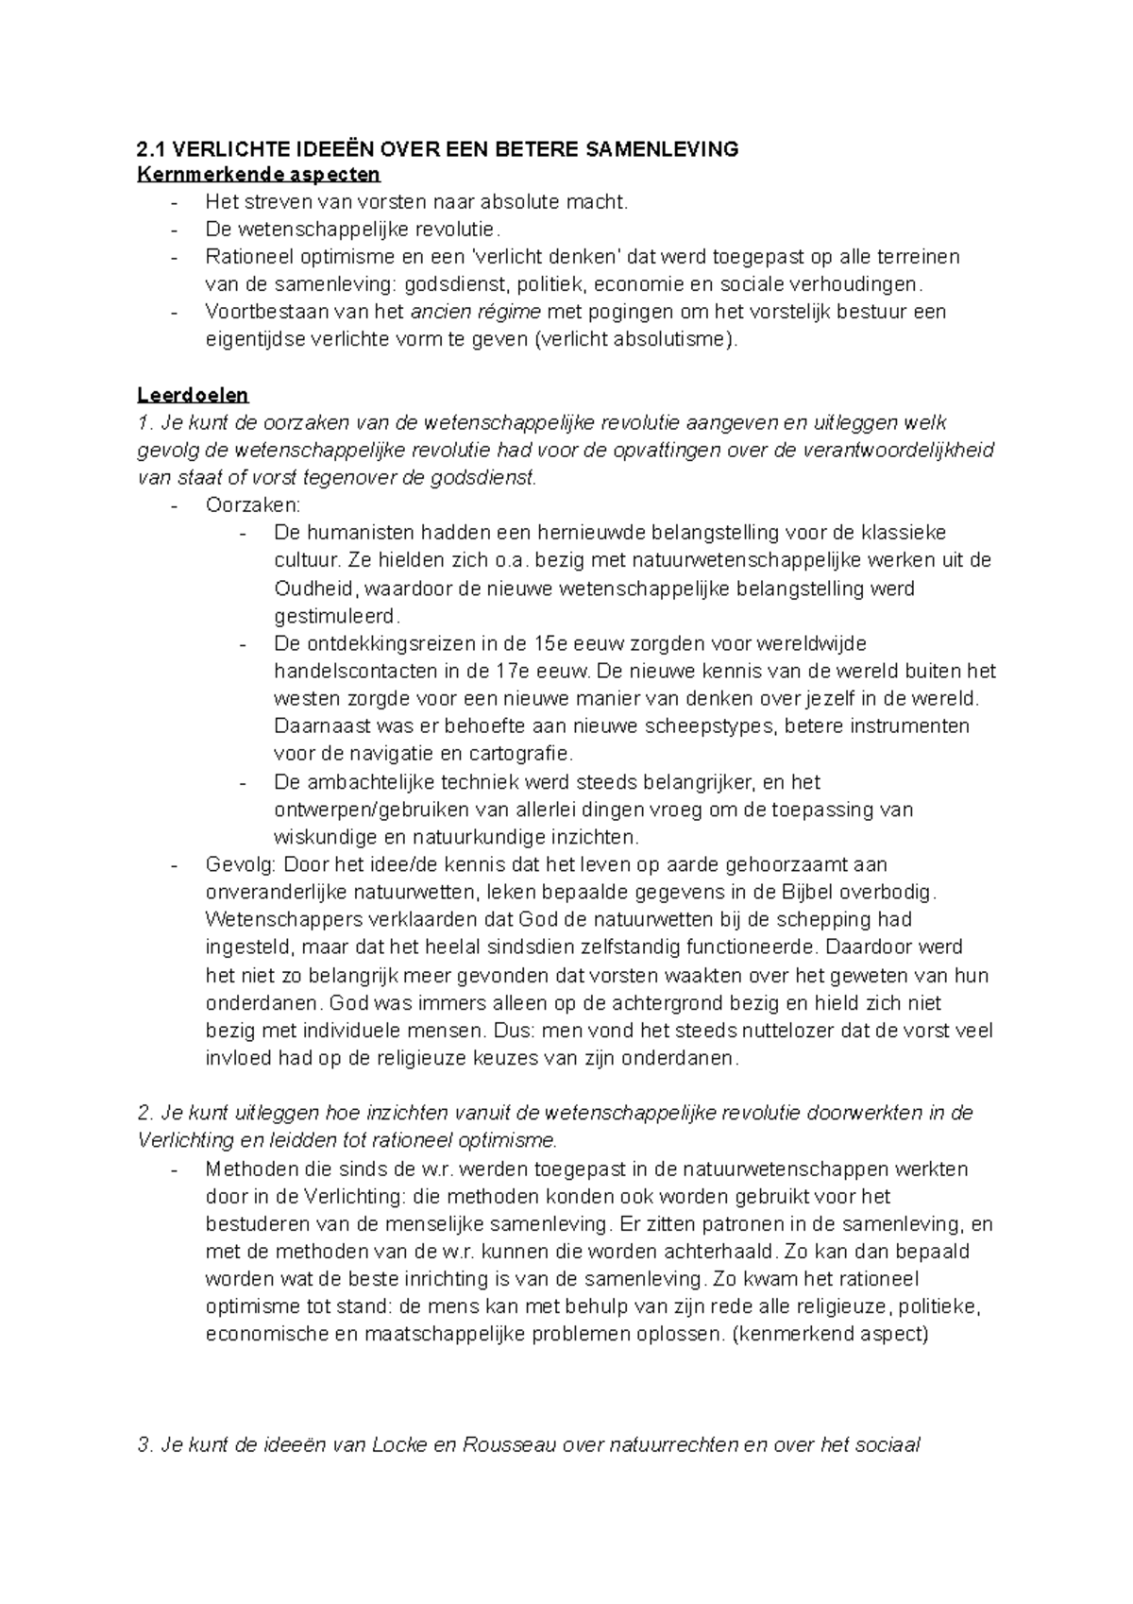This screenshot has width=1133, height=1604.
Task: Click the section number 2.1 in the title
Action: [x=151, y=149]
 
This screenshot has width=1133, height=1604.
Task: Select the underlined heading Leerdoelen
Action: [x=193, y=395]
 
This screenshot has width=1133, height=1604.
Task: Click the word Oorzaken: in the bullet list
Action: [x=252, y=505]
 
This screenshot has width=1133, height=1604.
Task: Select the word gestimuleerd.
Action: [x=336, y=616]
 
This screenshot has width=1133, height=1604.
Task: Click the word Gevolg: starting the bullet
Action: [x=241, y=864]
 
